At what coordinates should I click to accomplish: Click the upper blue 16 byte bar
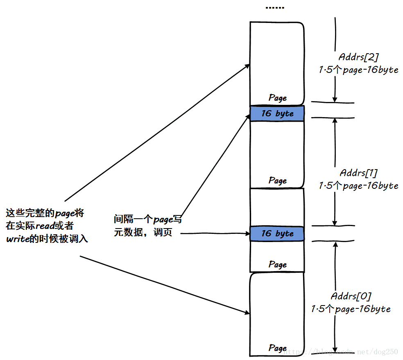tap(277, 113)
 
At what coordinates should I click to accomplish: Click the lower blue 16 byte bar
tap(277, 233)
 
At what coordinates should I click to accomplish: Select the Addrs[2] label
tap(358, 57)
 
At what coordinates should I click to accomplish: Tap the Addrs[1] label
tap(359, 173)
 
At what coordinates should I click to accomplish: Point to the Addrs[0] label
tap(351, 296)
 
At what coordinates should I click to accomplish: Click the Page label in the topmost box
tap(277, 98)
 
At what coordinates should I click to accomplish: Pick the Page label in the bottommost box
tap(277, 348)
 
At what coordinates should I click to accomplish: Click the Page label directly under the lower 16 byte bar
tap(277, 265)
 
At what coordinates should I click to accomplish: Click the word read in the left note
tap(45, 226)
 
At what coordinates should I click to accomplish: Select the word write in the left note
tap(17, 239)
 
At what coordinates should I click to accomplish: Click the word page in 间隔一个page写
tap(163, 220)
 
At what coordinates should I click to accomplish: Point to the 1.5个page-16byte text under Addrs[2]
tap(358, 70)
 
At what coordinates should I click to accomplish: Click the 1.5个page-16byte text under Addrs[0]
tap(351, 309)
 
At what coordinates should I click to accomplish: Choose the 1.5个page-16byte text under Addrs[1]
tap(359, 186)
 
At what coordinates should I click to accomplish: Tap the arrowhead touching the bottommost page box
tap(247, 313)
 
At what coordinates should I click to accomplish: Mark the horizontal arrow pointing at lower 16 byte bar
tap(215, 233)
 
